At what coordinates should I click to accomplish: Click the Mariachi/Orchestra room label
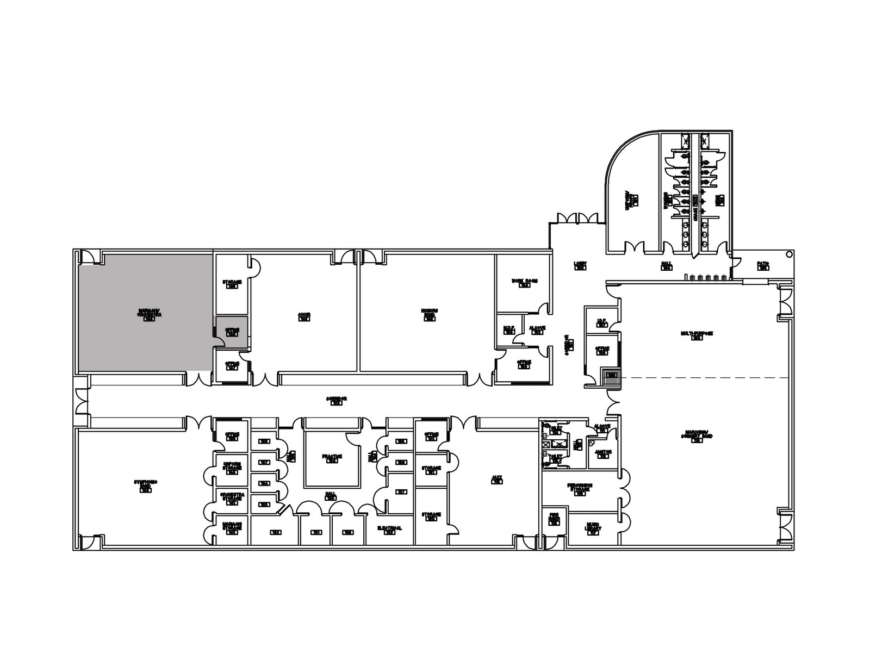150,314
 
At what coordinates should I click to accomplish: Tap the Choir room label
304,316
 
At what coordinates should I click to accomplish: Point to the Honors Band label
430,314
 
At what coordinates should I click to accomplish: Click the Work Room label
524,282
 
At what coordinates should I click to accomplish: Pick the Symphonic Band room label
146,485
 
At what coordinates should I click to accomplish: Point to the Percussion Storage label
580,487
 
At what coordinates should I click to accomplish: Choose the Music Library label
593,530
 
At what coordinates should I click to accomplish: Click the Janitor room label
603,453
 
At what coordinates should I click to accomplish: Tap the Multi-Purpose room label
697,334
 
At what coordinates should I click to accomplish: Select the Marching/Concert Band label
697,437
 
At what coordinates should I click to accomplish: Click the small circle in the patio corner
788,254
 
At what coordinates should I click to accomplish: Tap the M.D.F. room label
509,329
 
